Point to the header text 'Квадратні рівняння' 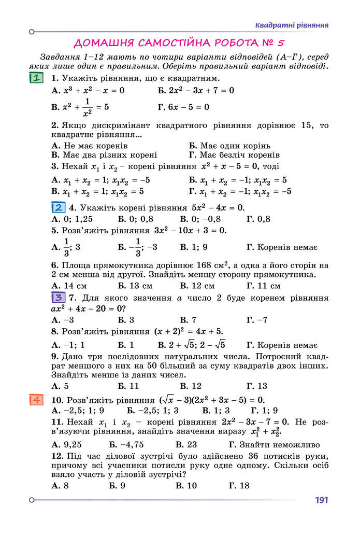(292, 25)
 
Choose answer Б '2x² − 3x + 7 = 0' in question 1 (196, 91)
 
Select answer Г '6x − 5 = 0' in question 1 (183, 107)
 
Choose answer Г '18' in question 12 (239, 486)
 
